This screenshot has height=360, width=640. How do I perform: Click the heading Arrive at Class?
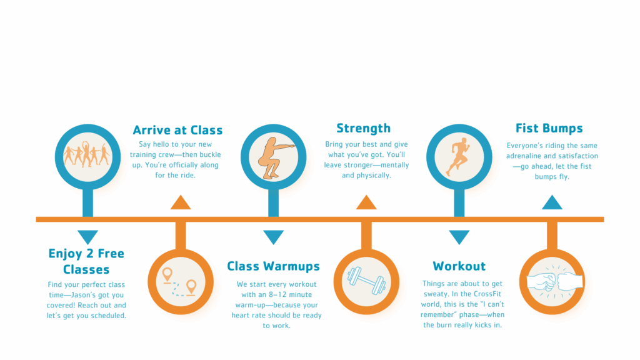[177, 131]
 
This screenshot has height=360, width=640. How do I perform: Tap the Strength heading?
[363, 129]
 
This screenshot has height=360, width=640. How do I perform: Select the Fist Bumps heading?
[549, 129]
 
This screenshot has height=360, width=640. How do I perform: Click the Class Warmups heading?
[273, 266]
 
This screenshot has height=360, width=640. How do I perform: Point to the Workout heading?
[459, 266]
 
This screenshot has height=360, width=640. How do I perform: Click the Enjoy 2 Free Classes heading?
[86, 262]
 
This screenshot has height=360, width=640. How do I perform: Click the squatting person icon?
[273, 157]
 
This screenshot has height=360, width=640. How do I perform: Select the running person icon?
[458, 157]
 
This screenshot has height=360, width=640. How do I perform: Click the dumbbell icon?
[366, 280]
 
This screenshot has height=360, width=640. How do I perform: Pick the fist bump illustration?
[552, 281]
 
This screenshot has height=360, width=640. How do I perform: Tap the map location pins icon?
[180, 281]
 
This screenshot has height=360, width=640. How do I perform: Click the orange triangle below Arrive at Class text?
[180, 202]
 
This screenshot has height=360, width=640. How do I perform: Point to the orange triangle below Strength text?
[366, 202]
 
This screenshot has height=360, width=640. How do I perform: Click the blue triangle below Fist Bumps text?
[552, 202]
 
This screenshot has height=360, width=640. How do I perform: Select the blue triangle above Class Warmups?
[273, 237]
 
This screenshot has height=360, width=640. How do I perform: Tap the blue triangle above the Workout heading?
[459, 237]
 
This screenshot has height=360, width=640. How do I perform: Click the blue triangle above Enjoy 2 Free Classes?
[87, 237]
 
